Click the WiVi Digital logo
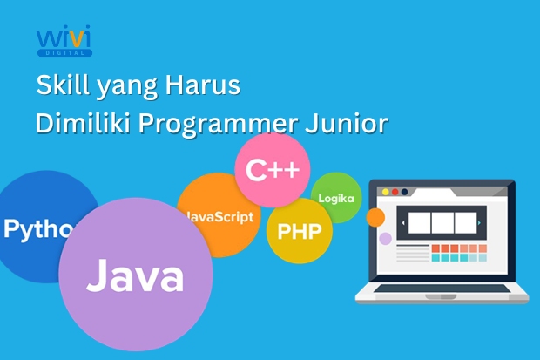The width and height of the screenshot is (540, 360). (x=64, y=42)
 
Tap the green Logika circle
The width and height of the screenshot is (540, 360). (x=335, y=198)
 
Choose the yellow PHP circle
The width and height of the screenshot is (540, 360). (x=299, y=231)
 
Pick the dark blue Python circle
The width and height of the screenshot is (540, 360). (x=39, y=228)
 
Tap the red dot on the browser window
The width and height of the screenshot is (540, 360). (x=384, y=191)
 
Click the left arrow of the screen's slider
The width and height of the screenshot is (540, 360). (x=402, y=223)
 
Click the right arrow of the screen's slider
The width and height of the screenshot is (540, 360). (x=481, y=223)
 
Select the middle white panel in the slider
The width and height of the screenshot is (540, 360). (x=442, y=223)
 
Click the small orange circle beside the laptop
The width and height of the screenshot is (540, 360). (x=375, y=217)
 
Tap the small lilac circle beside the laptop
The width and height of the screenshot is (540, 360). (x=384, y=238)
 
